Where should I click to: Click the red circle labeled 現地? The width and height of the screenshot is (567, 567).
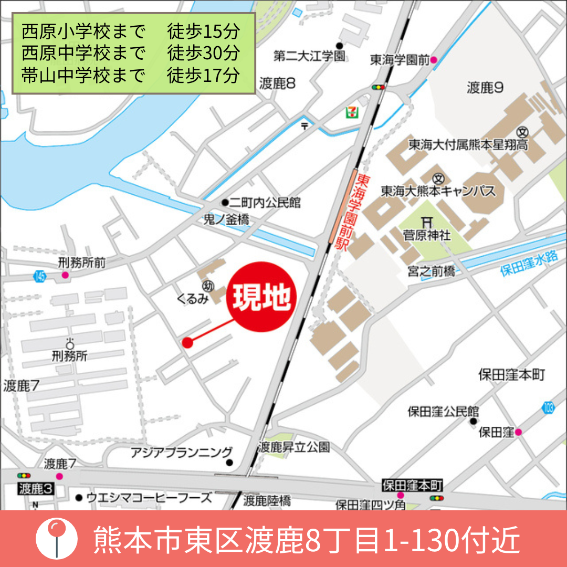[261, 297]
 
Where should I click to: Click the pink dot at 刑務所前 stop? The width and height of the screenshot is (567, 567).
[65, 275]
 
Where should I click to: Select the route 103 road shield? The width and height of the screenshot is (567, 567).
[549, 407]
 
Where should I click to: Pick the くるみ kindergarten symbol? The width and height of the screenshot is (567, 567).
[207, 287]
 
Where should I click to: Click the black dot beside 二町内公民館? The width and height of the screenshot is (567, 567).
[225, 203]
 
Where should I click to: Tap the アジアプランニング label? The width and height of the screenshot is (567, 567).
[181, 452]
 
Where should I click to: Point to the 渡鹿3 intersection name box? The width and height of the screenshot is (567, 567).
[36, 489]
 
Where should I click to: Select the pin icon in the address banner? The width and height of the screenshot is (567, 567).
[56, 538]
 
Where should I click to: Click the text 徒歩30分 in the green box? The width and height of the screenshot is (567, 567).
[204, 53]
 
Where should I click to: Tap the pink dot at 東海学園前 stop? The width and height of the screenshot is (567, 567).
[434, 60]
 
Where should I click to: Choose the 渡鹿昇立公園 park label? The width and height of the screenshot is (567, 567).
[294, 447]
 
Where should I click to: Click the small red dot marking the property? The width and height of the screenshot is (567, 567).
[187, 343]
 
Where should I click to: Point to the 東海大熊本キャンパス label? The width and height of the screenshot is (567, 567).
[438, 191]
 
